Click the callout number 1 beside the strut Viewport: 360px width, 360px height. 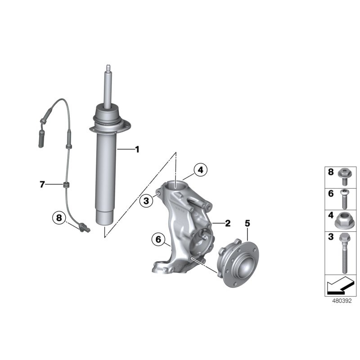(137, 149)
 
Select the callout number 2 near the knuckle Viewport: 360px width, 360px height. (228, 223)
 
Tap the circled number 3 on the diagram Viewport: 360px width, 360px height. (146, 201)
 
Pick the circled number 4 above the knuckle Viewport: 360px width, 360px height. (201, 170)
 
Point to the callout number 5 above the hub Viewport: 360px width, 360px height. (247, 223)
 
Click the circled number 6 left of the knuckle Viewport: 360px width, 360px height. (158, 239)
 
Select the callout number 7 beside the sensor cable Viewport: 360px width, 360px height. (42, 184)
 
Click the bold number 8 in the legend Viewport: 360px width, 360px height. (330, 172)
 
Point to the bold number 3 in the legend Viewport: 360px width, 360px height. (330, 237)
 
